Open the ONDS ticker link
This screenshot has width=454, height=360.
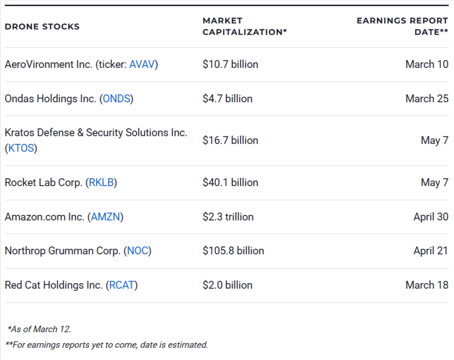pyautogui.click(x=116, y=99)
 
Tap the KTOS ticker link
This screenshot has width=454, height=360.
pyautogui.click(x=21, y=148)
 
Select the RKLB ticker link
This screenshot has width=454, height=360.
pyautogui.click(x=102, y=183)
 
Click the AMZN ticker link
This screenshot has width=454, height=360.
pyautogui.click(x=106, y=217)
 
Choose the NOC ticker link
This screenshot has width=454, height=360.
pyautogui.click(x=138, y=251)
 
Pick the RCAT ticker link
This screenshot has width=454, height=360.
pyautogui.click(x=122, y=285)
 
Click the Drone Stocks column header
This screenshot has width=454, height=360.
pyautogui.click(x=42, y=27)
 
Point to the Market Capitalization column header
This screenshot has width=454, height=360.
pyautogui.click(x=244, y=27)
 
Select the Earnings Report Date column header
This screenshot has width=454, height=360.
pyautogui.click(x=402, y=27)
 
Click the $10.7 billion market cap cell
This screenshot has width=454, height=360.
pyautogui.click(x=230, y=65)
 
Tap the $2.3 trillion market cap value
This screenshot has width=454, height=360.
pyautogui.click(x=228, y=217)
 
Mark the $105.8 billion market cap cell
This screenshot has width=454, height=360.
pyautogui.click(x=233, y=251)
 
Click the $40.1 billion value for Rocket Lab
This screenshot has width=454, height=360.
pyautogui.click(x=230, y=183)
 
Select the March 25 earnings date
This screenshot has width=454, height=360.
pyautogui.click(x=427, y=99)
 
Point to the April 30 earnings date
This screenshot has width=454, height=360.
pyautogui.click(x=431, y=217)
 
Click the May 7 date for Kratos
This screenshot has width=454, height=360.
pyautogui.click(x=434, y=141)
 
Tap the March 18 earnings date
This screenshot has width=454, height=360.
pyautogui.click(x=427, y=285)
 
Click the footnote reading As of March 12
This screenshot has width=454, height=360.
pyautogui.click(x=39, y=329)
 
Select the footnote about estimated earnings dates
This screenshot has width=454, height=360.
pyautogui.click(x=107, y=345)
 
